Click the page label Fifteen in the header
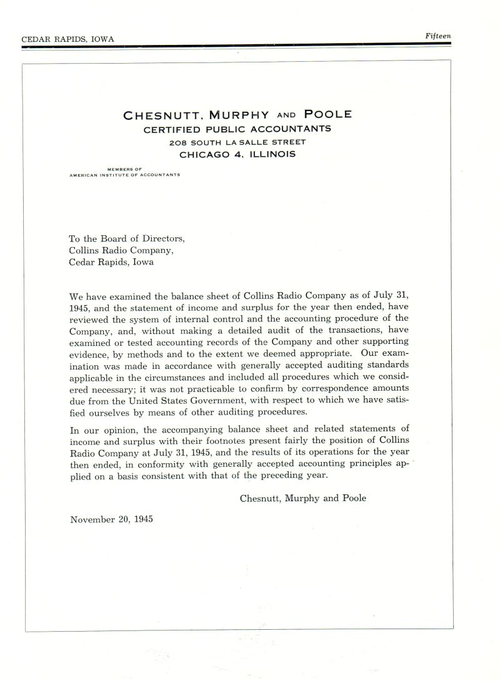click(437, 36)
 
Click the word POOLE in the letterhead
click(327, 114)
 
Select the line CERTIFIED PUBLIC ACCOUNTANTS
click(237, 129)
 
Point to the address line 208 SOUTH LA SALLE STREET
click(237, 142)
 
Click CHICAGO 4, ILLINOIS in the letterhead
click(237, 154)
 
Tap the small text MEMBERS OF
click(125, 169)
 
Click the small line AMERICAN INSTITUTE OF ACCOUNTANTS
click(125, 175)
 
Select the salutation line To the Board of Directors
click(127, 238)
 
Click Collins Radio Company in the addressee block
click(121, 250)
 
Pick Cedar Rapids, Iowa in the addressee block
click(110, 262)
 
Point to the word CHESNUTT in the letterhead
click(162, 115)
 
